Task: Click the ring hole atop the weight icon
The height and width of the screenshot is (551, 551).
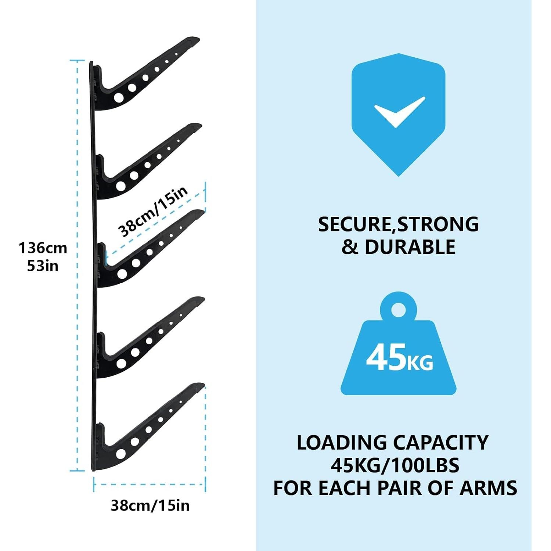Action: point(398,310)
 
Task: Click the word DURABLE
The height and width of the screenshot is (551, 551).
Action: point(410,247)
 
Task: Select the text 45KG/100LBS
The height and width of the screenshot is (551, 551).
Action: point(395,465)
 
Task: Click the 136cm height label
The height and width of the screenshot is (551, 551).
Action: point(43,248)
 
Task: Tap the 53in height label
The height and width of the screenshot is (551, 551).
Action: point(43,266)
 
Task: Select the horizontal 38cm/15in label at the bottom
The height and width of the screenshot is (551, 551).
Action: point(150,505)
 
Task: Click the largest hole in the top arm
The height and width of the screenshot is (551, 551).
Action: point(119,97)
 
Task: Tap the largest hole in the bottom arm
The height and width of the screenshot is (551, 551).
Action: point(121,454)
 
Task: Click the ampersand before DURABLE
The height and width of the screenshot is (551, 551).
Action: point(349,247)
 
